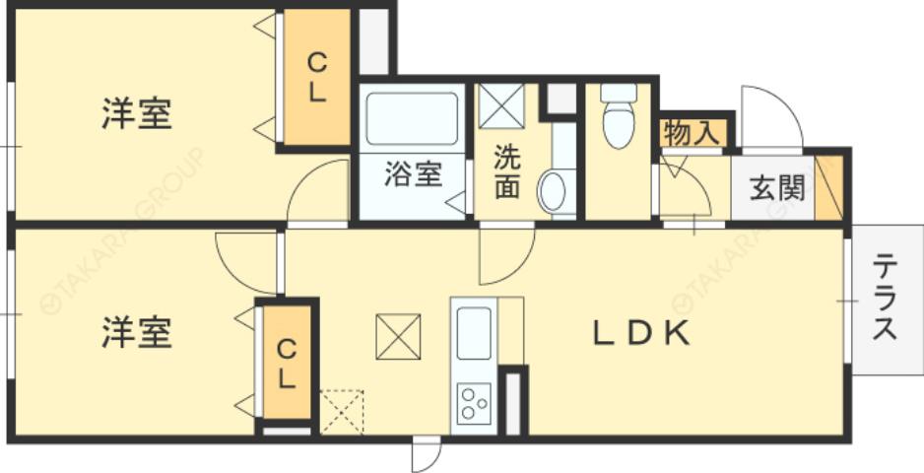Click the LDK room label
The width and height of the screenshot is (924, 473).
coord(639,333)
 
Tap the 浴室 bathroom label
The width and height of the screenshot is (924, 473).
coord(413,174)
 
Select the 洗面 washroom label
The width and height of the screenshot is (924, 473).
coord(506,171)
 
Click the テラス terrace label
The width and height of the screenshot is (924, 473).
coord(885,298)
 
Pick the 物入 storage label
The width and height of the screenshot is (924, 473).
coord(692,133)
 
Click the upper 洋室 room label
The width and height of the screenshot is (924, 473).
coord(136,113)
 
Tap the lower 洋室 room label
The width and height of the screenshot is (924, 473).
coord(136,332)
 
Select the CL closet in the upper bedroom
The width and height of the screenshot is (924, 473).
coord(316,79)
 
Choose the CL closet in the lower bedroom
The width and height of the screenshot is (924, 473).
coord(285,363)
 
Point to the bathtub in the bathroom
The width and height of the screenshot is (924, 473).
coord(412,118)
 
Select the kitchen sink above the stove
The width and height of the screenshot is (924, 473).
coord(474,333)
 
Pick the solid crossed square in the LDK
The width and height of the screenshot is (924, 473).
coord(398,337)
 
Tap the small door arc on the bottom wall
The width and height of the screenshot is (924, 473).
coord(427,454)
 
